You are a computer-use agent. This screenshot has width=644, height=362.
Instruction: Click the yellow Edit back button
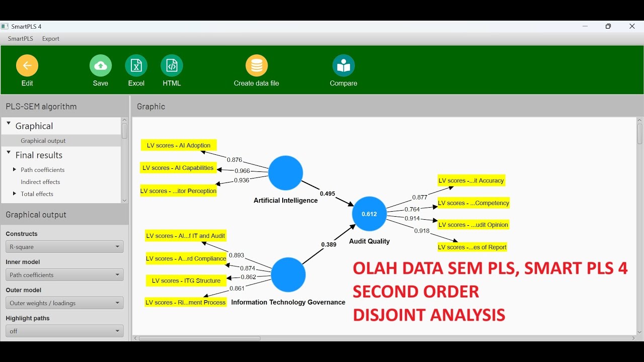27,66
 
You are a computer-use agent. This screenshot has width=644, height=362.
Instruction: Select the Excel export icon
136,66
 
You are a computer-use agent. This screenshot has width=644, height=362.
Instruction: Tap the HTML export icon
172,66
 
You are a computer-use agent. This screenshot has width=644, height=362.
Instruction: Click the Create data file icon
257,66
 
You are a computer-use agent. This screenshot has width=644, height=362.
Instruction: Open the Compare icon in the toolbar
344,66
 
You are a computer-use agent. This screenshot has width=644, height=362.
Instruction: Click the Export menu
51,39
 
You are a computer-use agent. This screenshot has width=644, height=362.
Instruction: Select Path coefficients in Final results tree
43,170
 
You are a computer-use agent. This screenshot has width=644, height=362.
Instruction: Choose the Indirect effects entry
40,182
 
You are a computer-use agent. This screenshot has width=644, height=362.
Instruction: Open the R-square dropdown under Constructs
64,247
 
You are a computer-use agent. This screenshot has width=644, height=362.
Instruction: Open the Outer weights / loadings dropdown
64,303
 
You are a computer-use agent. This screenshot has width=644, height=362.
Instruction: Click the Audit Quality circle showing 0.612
369,214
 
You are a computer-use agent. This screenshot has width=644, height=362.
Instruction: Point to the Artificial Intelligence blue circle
285,173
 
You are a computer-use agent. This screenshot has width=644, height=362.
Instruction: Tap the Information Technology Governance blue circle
288,275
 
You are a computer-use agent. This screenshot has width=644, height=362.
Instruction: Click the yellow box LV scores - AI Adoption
179,145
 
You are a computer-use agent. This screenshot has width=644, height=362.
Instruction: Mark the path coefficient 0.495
328,194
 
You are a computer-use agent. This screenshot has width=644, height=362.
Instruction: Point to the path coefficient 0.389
329,245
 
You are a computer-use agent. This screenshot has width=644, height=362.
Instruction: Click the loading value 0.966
242,171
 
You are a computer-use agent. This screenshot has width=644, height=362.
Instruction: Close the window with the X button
632,27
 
